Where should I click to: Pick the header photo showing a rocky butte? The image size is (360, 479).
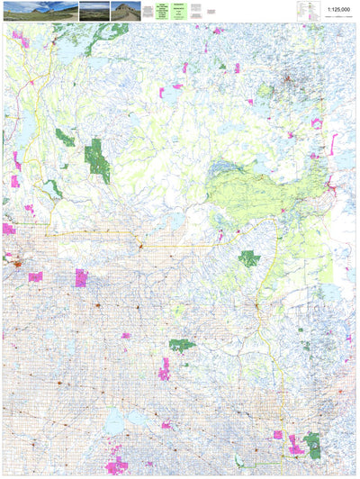(122, 10)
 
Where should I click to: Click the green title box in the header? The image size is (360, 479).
(162, 10)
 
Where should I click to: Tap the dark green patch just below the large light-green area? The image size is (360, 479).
(249, 259)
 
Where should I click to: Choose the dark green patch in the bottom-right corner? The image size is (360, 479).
(313, 444)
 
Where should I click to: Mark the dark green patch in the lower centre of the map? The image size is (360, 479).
(183, 344)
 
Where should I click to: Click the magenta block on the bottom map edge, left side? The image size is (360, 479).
(116, 466)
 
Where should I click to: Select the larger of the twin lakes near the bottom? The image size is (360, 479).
(115, 421)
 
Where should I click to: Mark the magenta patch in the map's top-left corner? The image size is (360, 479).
(19, 40)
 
